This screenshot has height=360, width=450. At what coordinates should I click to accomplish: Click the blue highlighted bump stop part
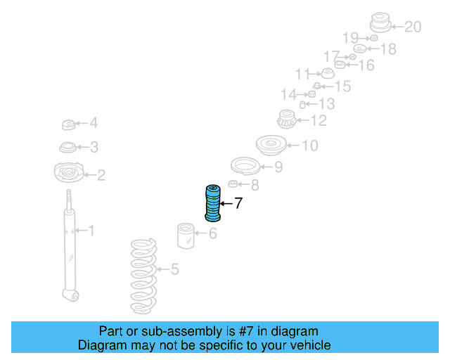[212, 202]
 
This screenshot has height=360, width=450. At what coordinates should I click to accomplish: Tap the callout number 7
[238, 204]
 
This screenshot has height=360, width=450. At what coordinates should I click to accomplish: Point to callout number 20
[412, 27]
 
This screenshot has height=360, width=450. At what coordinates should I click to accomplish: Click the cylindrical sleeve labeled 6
[186, 235]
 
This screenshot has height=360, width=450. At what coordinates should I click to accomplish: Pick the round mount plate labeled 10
[269, 146]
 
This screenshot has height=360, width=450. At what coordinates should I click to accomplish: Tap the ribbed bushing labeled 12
[286, 120]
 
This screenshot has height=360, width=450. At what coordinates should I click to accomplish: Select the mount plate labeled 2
[68, 174]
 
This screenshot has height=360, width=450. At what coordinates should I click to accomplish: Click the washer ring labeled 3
[67, 148]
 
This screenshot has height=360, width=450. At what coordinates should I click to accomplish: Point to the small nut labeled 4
[69, 125]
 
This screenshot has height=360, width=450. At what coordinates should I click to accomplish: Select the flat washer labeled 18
[359, 49]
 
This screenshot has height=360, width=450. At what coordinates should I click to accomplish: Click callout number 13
[326, 104]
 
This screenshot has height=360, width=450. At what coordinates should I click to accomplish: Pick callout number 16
[366, 65]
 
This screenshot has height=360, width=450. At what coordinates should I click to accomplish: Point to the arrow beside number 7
[226, 203]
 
